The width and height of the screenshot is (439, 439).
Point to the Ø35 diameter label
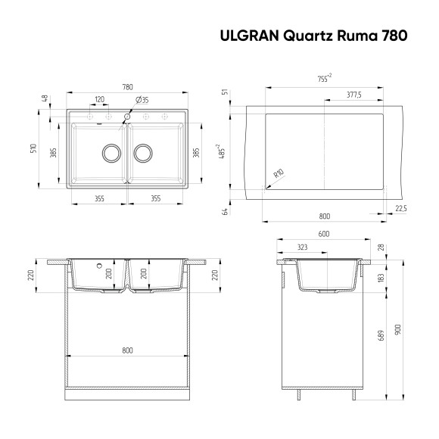pyautogui.click(x=142, y=100)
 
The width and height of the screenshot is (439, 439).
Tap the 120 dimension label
pyautogui.click(x=100, y=100)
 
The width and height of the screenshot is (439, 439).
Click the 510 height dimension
pyautogui.click(x=33, y=149)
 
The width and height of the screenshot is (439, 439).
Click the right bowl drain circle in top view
pyautogui.click(x=144, y=152)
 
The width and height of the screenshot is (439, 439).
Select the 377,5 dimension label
pyautogui.click(x=353, y=95)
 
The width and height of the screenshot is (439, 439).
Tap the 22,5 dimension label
pyautogui.click(x=401, y=208)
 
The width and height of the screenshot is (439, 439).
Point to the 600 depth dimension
pyautogui.click(x=324, y=234)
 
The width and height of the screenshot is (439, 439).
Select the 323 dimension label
pyautogui.click(x=302, y=247)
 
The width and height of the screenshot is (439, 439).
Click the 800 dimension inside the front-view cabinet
pyautogui.click(x=127, y=350)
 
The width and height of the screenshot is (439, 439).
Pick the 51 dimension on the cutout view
pyautogui.click(x=225, y=92)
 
